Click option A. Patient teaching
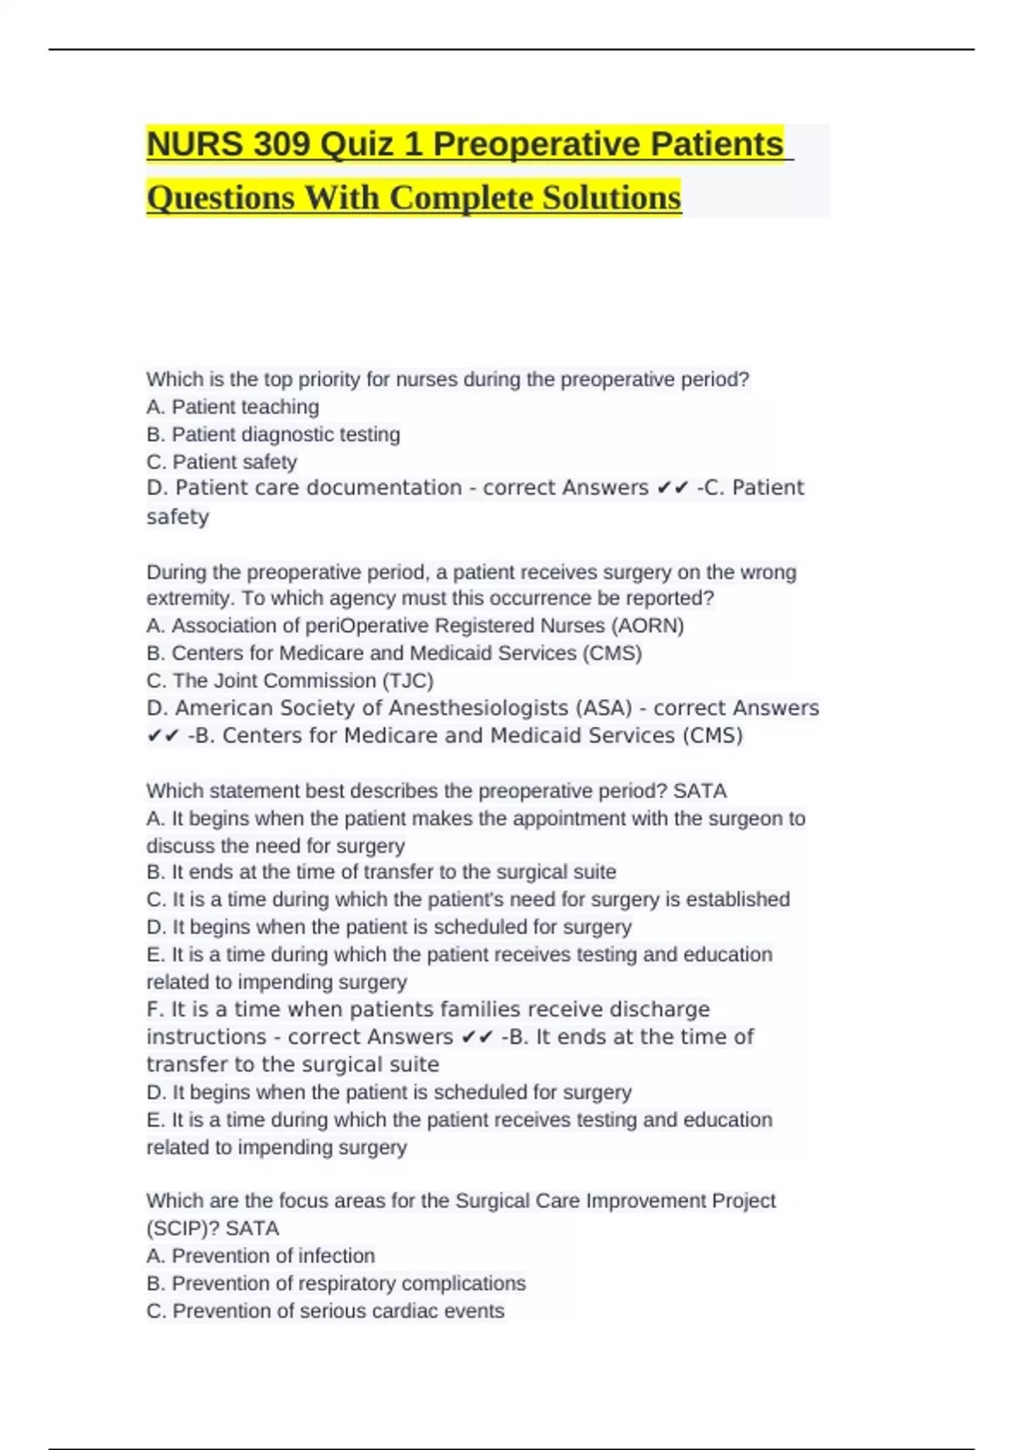point(232,407)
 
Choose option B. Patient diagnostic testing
point(273,434)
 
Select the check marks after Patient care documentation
point(672,488)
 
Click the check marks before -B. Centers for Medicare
point(162,736)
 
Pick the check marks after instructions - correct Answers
point(477,1037)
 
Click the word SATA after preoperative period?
point(700,791)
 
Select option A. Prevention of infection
point(260,1256)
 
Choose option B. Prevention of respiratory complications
point(335,1283)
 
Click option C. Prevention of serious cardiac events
point(325,1311)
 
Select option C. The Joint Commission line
point(290,681)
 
